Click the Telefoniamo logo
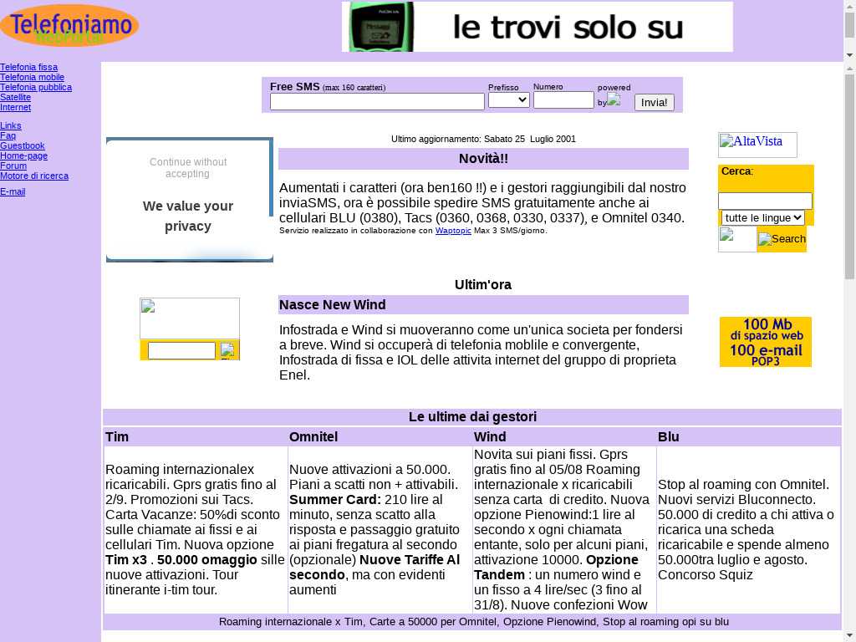point(69,25)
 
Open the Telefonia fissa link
point(29,67)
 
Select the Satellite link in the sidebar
point(15,97)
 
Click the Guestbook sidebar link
point(23,145)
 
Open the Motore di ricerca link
point(34,176)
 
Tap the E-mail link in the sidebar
point(13,191)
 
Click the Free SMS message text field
point(377,102)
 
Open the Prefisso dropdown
point(508,100)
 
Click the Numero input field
point(563,100)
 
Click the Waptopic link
point(453,231)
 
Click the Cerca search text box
point(765,201)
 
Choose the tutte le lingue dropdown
point(762,217)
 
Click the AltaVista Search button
point(782,239)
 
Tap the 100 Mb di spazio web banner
point(765,341)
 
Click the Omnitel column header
point(313,436)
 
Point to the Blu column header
point(669,436)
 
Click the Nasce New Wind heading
point(333,304)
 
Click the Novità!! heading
point(483,159)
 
